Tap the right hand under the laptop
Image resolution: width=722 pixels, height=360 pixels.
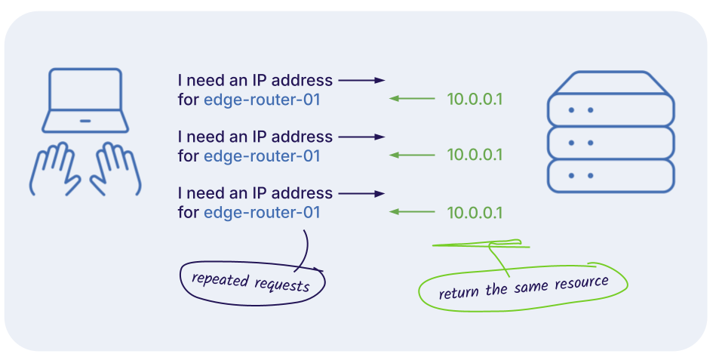tap(116, 169)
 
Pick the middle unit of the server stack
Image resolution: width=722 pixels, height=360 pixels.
tap(609, 142)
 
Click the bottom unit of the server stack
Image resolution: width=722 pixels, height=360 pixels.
tap(609, 176)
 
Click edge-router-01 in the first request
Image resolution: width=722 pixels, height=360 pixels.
tap(262, 100)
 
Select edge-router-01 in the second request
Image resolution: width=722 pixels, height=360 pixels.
tap(262, 156)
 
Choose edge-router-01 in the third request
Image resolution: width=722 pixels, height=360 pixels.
tap(262, 213)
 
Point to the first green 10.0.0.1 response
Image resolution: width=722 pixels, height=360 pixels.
tap(475, 99)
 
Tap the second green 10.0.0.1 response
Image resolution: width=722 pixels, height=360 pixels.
tap(475, 155)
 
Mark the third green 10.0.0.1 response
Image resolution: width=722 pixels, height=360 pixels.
tap(475, 213)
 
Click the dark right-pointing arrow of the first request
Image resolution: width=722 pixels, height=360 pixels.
tap(362, 80)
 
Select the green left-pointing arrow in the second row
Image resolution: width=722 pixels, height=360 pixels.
tap(412, 155)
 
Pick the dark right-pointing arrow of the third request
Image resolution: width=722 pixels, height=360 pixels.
tap(362, 193)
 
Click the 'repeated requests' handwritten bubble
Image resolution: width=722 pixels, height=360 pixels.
tap(250, 283)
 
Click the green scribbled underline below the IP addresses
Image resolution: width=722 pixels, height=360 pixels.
tap(480, 245)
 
